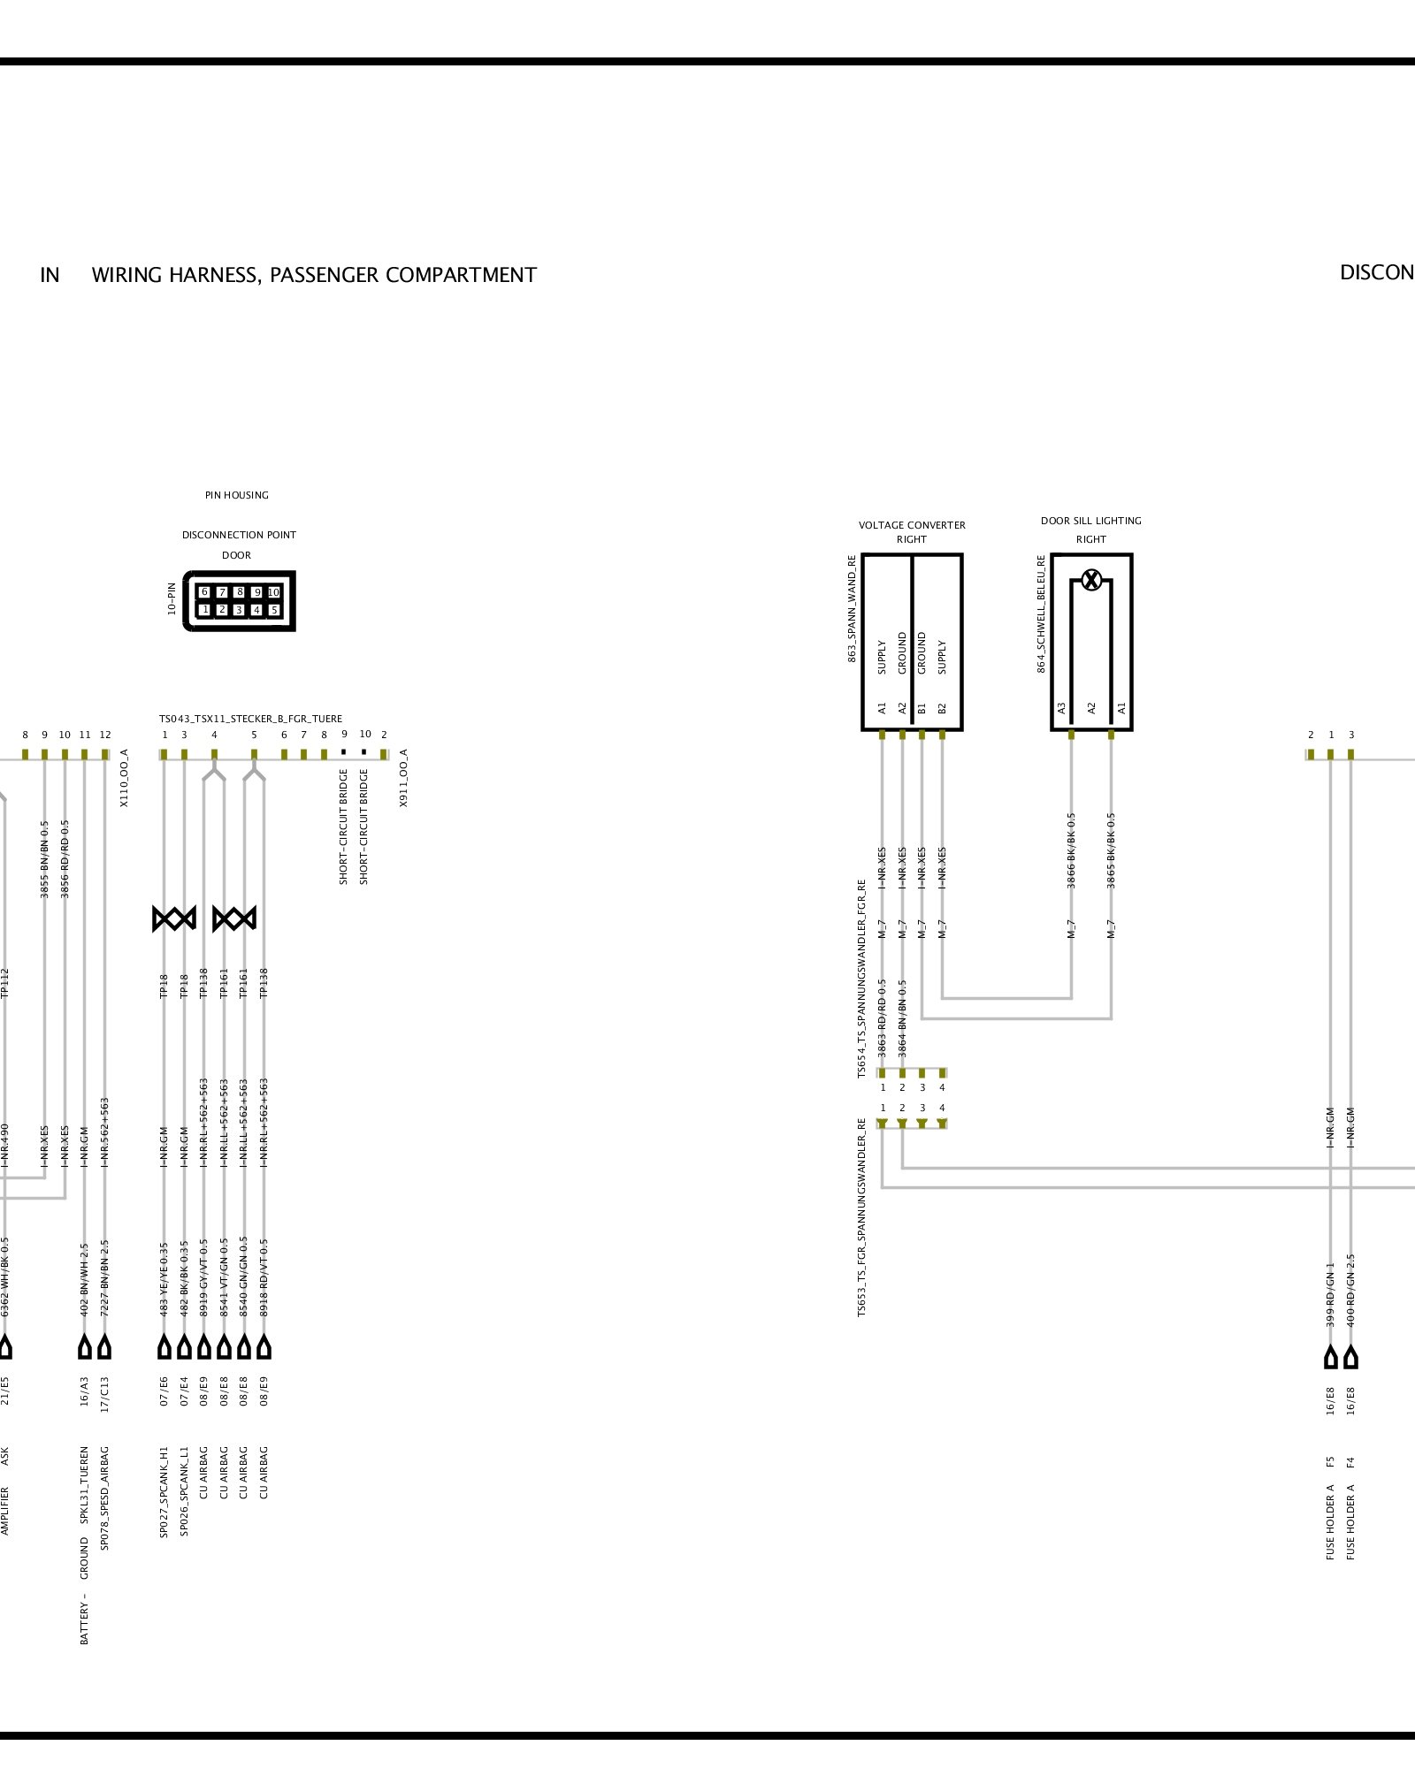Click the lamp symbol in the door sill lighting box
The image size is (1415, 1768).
click(1091, 581)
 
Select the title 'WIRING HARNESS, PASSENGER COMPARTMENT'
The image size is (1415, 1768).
click(314, 275)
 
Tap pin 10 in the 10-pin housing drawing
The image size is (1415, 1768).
click(274, 592)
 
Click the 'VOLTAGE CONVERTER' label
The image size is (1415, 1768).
click(912, 525)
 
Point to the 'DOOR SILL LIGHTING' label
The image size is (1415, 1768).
click(1090, 521)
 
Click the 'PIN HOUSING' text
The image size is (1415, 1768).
click(236, 495)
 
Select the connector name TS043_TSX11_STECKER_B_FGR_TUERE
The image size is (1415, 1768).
click(250, 719)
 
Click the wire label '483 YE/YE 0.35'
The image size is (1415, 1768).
click(164, 1278)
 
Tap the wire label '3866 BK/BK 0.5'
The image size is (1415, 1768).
click(1071, 850)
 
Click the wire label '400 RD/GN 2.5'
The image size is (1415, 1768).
click(1350, 1290)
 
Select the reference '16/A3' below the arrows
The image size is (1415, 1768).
click(85, 1391)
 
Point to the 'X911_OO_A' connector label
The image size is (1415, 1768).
click(403, 778)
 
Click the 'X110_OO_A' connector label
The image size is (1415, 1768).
click(124, 778)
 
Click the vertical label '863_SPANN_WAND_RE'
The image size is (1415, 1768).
click(852, 608)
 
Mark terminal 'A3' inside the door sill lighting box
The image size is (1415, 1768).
click(1062, 708)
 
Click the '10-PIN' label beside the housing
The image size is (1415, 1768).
click(172, 598)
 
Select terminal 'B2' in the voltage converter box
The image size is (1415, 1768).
click(942, 708)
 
